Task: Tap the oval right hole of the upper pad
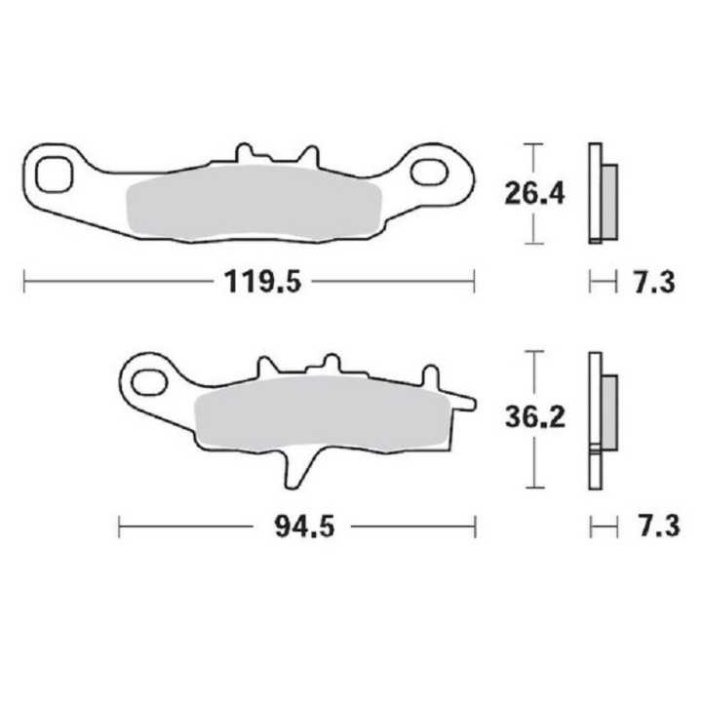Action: (x=430, y=172)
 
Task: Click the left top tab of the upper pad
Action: (x=245, y=154)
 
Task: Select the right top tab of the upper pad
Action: (x=310, y=156)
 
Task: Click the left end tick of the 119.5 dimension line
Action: (x=23, y=284)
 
